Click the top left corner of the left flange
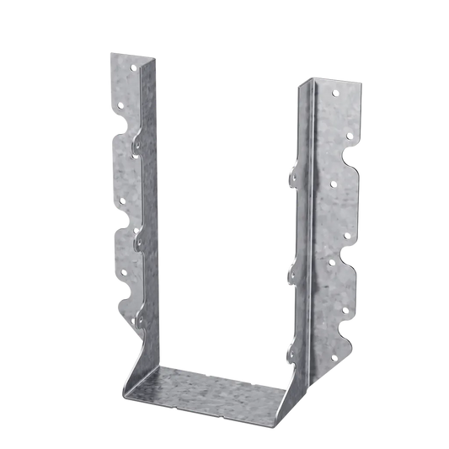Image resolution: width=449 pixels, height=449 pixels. point(109,54)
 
